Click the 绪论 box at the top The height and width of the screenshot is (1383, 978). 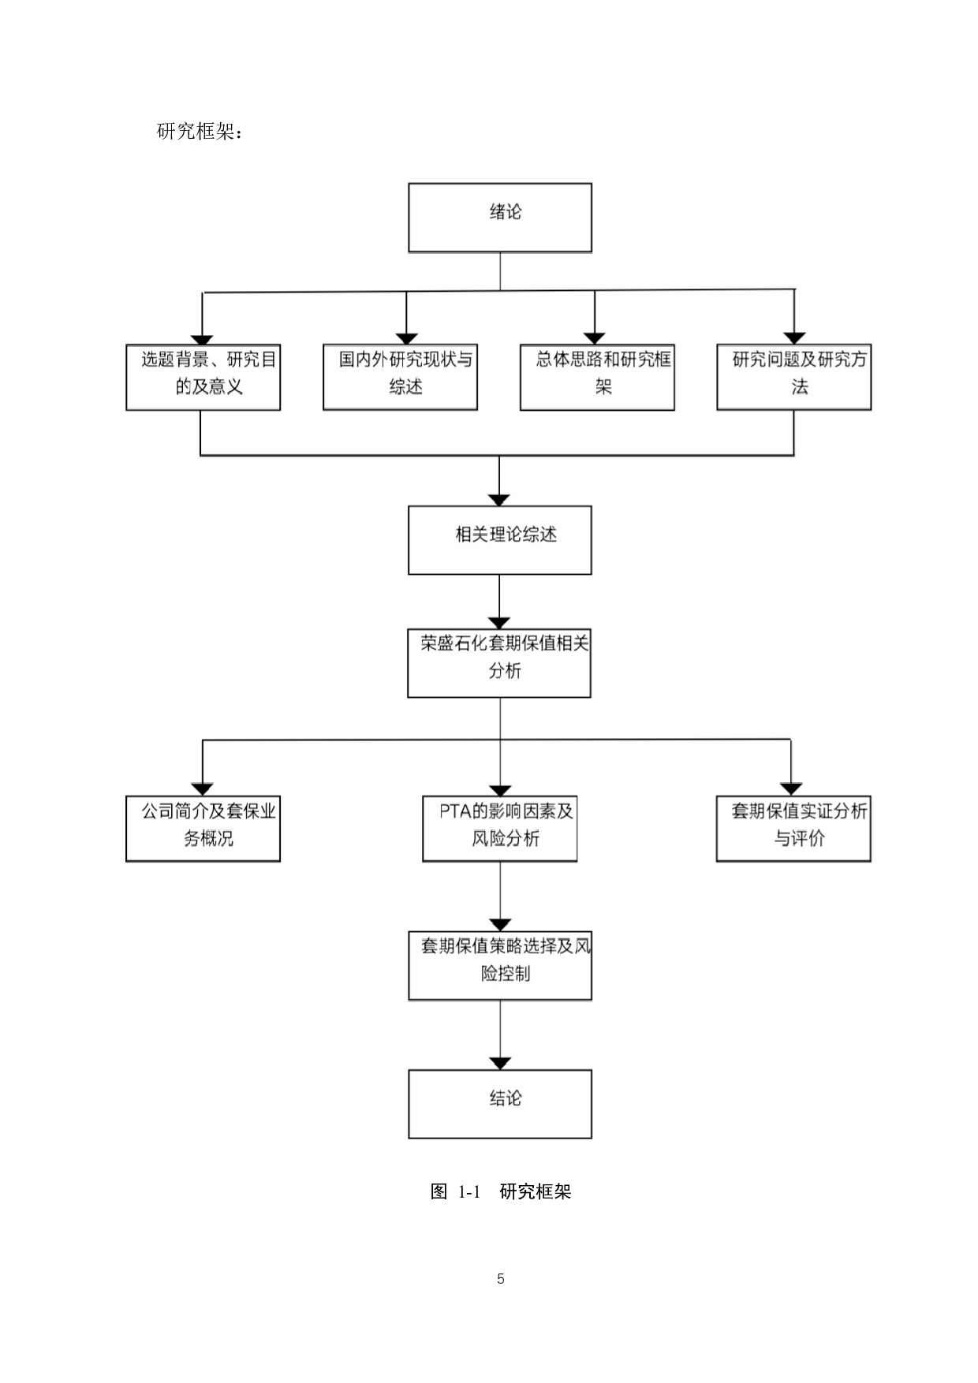[500, 218]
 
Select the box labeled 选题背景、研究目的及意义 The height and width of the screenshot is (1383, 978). [203, 377]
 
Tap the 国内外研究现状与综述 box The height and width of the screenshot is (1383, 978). [400, 377]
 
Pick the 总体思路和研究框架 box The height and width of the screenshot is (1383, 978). [597, 377]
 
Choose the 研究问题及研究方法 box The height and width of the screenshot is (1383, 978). [793, 377]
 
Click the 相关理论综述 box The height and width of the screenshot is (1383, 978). [500, 540]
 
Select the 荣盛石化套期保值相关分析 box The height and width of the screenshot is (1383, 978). [499, 662]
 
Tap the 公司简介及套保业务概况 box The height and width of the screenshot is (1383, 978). [203, 828]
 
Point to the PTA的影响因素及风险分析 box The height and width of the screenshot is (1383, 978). [500, 828]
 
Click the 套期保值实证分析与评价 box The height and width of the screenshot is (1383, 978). [793, 828]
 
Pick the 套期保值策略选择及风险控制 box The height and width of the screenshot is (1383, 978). [500, 965]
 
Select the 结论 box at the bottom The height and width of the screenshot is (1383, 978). [500, 1103]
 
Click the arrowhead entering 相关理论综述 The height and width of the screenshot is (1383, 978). [499, 500]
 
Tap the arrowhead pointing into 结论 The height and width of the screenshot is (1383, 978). [500, 1064]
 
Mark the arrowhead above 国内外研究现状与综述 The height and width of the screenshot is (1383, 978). [406, 339]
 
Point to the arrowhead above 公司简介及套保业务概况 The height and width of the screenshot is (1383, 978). [203, 789]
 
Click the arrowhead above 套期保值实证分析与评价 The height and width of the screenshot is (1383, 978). [791, 789]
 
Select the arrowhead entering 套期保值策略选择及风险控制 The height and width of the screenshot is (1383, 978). [500, 925]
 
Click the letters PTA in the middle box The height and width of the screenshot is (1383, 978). [455, 811]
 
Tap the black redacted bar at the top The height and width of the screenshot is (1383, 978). [500, 149]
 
